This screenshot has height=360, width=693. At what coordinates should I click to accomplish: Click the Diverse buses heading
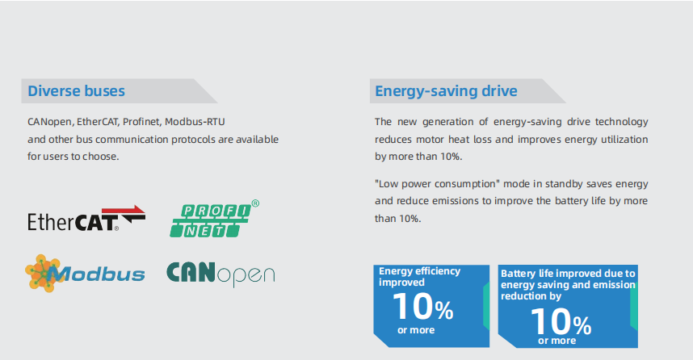(x=76, y=91)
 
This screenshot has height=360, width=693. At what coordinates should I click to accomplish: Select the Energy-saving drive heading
(x=446, y=91)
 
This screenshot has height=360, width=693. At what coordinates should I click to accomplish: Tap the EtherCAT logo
(x=86, y=219)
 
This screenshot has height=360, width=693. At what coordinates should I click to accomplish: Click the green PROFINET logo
(x=214, y=219)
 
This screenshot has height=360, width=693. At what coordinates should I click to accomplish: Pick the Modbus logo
(x=85, y=274)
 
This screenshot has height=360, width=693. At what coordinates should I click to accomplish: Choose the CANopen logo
(x=220, y=274)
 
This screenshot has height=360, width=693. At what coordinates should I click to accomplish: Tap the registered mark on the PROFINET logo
(x=255, y=203)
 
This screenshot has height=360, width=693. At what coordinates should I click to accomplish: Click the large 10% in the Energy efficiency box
(x=423, y=307)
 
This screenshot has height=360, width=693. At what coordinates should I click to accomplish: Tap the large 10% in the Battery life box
(x=561, y=321)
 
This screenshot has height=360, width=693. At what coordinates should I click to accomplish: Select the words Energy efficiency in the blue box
(x=419, y=270)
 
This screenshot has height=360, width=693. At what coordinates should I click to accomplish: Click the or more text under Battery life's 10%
(x=556, y=341)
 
